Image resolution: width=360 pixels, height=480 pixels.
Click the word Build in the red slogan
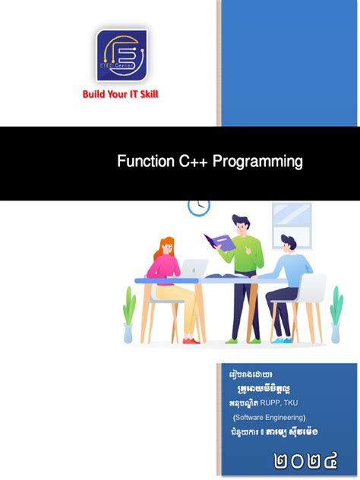(93, 95)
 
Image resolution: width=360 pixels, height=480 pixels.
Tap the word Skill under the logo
(148, 95)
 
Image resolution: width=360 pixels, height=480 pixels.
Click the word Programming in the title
(257, 161)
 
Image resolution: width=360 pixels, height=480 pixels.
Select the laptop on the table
(194, 268)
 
